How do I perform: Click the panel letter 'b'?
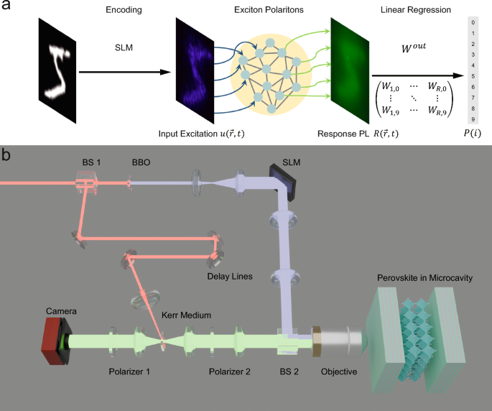pos(6,155)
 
